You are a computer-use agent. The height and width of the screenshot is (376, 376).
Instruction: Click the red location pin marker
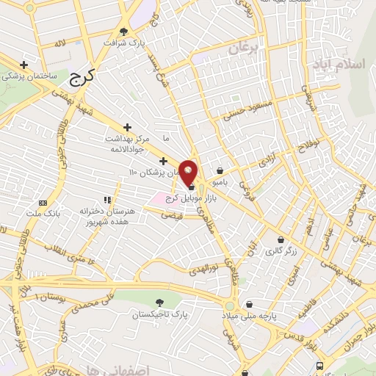tap(189, 170)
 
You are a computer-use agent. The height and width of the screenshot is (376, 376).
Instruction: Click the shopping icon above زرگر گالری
tap(281, 239)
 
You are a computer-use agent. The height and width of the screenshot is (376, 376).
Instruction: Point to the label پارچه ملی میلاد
tap(249, 315)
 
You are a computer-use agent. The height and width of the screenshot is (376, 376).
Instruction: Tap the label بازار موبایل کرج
tap(183, 201)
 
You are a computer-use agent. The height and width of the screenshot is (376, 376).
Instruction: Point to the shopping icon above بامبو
tap(220, 170)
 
